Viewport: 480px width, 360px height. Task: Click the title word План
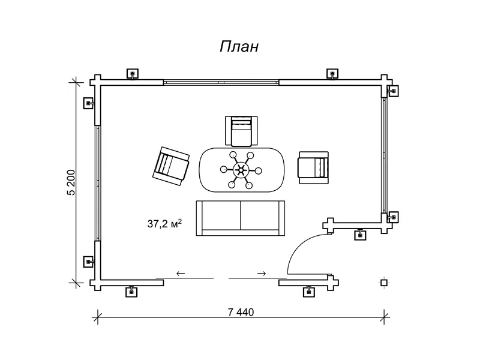pyautogui.click(x=239, y=47)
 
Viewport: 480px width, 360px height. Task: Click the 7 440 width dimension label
pyautogui.click(x=241, y=312)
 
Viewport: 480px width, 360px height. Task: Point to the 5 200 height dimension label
pyautogui.click(x=71, y=182)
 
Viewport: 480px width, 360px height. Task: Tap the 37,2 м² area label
pyautogui.click(x=164, y=223)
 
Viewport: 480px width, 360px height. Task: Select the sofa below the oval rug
pyautogui.click(x=241, y=218)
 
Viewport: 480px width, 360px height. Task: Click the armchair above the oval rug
pyautogui.click(x=241, y=131)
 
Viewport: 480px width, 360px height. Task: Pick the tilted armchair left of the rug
pyautogui.click(x=171, y=166)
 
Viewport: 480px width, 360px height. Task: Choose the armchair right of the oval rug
pyautogui.click(x=314, y=168)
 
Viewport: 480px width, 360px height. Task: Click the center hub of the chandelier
pyautogui.click(x=241, y=170)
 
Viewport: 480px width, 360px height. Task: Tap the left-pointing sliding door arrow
pyautogui.click(x=181, y=274)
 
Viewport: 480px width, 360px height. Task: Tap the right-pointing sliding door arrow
pyautogui.click(x=262, y=274)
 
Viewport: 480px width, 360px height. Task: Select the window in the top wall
pyautogui.click(x=221, y=82)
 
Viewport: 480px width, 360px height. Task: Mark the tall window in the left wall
pyautogui.click(x=98, y=183)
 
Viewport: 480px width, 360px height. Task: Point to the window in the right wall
pyautogui.click(x=385, y=155)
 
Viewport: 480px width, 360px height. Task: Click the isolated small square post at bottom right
pyautogui.click(x=384, y=283)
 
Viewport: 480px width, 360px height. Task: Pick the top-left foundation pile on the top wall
pyautogui.click(x=133, y=74)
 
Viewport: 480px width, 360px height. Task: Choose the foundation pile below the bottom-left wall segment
pyautogui.click(x=131, y=292)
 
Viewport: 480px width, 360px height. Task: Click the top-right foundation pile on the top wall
pyautogui.click(x=332, y=74)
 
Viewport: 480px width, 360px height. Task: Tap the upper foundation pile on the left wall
pyautogui.click(x=89, y=103)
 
